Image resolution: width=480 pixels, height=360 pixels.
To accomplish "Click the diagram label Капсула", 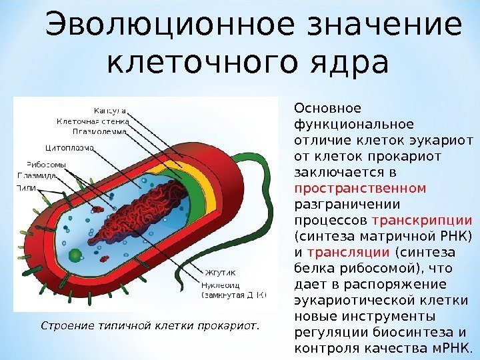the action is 111,110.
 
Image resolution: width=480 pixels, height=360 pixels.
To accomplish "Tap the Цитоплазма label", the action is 69,147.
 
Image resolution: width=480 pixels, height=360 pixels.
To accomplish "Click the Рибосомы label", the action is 46,165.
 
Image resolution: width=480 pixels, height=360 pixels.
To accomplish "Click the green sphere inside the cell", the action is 75,254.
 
